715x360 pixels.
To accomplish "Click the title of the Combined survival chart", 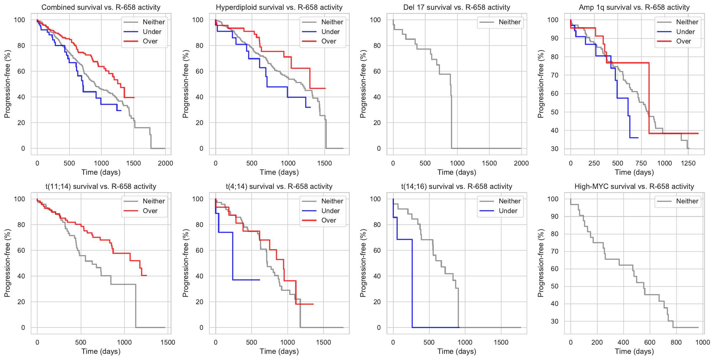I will (101, 7).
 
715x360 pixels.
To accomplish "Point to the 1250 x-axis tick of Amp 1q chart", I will (688, 163).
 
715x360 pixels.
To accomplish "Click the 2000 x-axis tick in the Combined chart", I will (165, 163).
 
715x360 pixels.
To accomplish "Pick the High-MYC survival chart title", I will (634, 187).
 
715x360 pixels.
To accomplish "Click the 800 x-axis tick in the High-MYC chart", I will (676, 342).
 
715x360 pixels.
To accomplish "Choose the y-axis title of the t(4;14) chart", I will (185, 263).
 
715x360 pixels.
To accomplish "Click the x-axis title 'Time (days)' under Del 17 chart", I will (457, 172).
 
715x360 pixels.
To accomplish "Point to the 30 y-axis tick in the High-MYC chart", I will (554, 321).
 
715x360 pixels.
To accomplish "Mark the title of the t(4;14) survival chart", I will (279, 187).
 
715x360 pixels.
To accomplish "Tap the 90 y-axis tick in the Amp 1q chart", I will (554, 38).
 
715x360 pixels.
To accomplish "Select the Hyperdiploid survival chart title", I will (279, 7).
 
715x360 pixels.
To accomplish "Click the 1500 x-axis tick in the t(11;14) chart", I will (168, 342).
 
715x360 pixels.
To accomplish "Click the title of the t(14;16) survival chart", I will (457, 187).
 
